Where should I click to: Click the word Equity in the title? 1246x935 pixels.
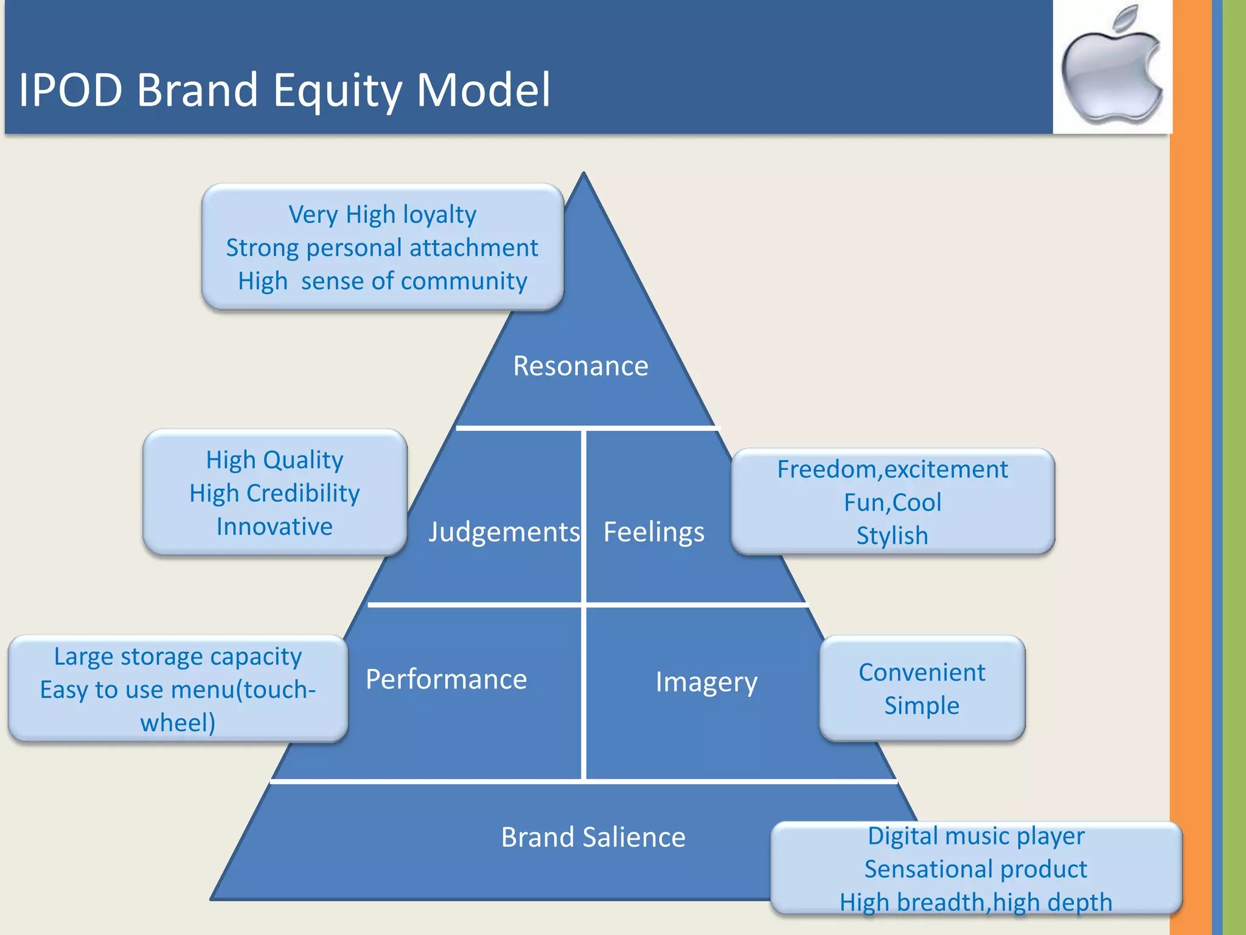point(336,90)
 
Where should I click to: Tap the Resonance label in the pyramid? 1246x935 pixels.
point(580,366)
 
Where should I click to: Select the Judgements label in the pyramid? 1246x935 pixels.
point(504,532)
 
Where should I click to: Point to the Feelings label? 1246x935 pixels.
point(653,532)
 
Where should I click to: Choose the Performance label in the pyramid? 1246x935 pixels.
point(446,679)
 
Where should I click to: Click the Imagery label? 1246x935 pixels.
point(706,682)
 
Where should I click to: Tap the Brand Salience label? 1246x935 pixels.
point(593,837)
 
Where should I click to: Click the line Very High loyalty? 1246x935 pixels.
point(382,214)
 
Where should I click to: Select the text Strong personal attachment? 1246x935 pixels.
point(382,248)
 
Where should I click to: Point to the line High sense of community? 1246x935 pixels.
point(382,281)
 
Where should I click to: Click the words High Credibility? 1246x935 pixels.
point(274,493)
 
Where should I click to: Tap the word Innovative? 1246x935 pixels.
point(274,527)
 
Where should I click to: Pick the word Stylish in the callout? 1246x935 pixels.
point(892,536)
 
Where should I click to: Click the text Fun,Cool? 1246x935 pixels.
point(892,503)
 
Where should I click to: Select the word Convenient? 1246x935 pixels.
point(922,673)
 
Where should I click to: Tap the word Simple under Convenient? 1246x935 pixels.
point(922,706)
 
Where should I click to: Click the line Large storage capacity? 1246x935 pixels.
point(178,657)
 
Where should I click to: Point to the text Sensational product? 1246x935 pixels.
point(975,869)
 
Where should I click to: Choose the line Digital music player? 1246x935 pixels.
point(975,836)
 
